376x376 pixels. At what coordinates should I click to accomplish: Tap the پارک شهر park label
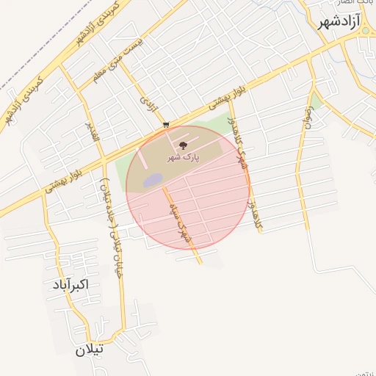point(182,158)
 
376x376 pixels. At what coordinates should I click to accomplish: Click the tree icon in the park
point(183,146)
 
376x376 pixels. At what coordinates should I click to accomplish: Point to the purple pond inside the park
point(152,180)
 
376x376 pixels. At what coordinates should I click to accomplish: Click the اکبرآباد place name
point(70,283)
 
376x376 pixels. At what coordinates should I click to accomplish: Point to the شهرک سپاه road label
point(180,220)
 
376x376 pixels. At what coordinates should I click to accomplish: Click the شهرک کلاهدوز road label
point(242,142)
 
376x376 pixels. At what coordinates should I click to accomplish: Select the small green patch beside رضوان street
point(316,99)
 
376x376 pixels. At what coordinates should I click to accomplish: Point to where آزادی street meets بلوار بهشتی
point(165,131)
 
